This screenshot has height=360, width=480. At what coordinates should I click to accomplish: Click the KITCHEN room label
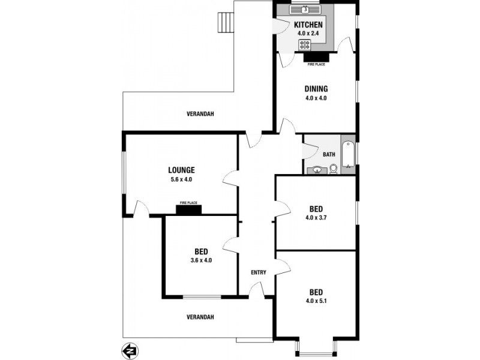point(308,25)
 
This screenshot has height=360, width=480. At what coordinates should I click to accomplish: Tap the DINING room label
point(316,89)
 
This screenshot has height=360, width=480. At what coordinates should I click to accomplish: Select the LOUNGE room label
point(181,170)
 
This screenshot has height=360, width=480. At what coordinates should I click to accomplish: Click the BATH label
point(329,154)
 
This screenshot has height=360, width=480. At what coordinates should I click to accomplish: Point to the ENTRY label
point(259,272)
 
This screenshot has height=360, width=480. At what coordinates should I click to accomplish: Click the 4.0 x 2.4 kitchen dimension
point(308,34)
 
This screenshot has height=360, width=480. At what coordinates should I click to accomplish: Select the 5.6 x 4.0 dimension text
point(181,179)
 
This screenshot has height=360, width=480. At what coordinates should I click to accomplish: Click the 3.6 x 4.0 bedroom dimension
point(201,260)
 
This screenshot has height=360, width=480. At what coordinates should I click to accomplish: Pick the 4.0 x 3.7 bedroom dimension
point(316,218)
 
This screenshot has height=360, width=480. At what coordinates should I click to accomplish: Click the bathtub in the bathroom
point(348,155)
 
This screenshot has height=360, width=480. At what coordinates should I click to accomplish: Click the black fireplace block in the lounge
point(188,209)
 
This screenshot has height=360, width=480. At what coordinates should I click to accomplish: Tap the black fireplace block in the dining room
point(316,58)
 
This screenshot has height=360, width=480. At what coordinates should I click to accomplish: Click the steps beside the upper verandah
point(225,24)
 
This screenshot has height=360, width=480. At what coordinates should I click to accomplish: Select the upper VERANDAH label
point(200,113)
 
